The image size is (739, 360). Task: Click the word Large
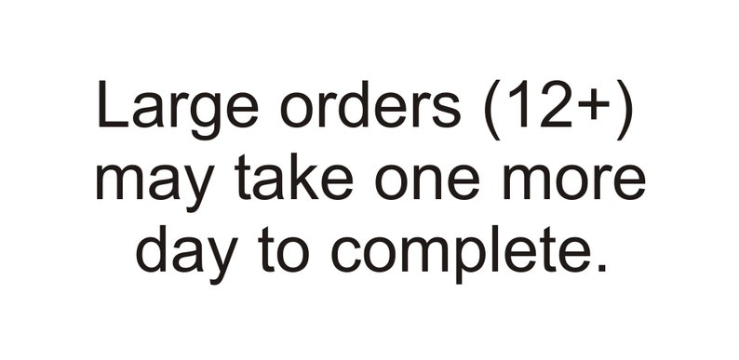(x=178, y=111)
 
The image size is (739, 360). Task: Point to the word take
(x=293, y=176)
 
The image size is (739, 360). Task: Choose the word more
(x=573, y=182)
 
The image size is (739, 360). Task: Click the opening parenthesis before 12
(x=492, y=111)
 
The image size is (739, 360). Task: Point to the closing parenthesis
(x=622, y=111)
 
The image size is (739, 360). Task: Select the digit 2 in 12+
(x=555, y=104)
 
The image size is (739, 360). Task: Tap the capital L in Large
(x=114, y=104)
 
